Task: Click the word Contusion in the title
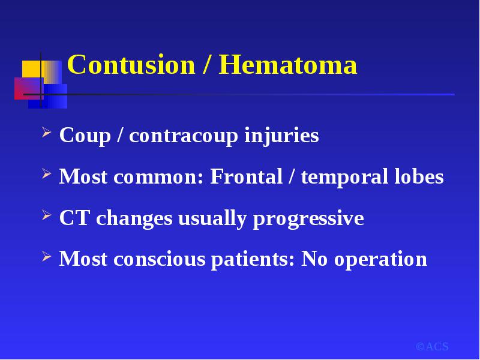(131, 64)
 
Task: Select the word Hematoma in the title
(288, 64)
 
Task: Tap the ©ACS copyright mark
(432, 347)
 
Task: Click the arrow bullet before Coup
(47, 133)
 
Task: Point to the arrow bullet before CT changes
(47, 215)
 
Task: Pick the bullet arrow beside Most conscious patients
(47, 256)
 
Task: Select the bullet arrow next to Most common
(47, 173)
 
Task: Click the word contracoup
(184, 136)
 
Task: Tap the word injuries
(281, 136)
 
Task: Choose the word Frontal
(246, 176)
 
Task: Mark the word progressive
(308, 219)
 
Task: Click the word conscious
(159, 259)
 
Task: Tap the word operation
(380, 260)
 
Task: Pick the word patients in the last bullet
(253, 260)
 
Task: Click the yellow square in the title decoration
(32, 69)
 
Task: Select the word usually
(212, 219)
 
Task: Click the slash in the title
(207, 64)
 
